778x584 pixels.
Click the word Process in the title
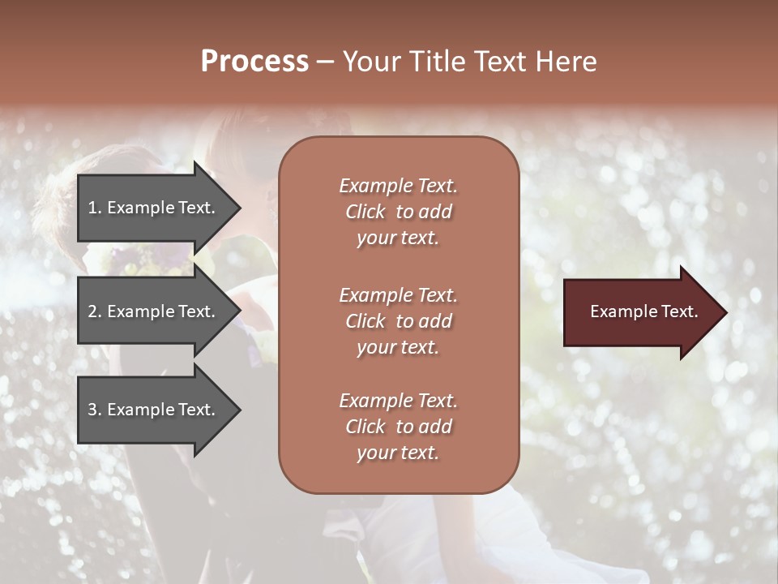click(x=254, y=62)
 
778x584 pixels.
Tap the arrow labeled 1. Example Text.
click(x=154, y=208)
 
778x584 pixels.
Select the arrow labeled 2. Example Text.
click(x=154, y=311)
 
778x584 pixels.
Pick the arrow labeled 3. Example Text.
click(x=154, y=410)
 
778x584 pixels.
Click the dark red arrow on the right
click(x=640, y=312)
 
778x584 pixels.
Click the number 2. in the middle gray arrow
click(x=95, y=311)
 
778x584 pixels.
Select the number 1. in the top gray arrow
click(x=95, y=208)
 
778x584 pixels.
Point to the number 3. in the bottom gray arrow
click(x=95, y=410)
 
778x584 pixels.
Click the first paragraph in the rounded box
click(x=398, y=212)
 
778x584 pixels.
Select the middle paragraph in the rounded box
click(x=398, y=321)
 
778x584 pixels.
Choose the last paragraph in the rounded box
click(x=398, y=427)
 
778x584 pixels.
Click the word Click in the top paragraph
click(x=365, y=212)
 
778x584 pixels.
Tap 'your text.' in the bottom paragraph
click(x=398, y=453)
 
